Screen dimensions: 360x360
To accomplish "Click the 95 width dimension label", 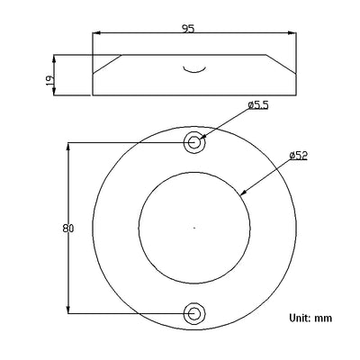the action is [188, 28].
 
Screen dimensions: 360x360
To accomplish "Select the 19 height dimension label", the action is [50, 80].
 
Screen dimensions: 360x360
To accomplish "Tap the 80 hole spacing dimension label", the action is [68, 229].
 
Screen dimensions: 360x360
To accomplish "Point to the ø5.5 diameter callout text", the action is [258, 105].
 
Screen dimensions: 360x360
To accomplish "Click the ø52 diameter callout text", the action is [299, 156].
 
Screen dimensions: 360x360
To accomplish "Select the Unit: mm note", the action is [310, 318].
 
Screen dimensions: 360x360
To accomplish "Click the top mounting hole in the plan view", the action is [194, 142].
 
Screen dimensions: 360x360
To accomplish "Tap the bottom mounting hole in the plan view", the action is [194, 313].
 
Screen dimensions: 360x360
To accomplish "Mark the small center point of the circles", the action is [194, 228].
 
